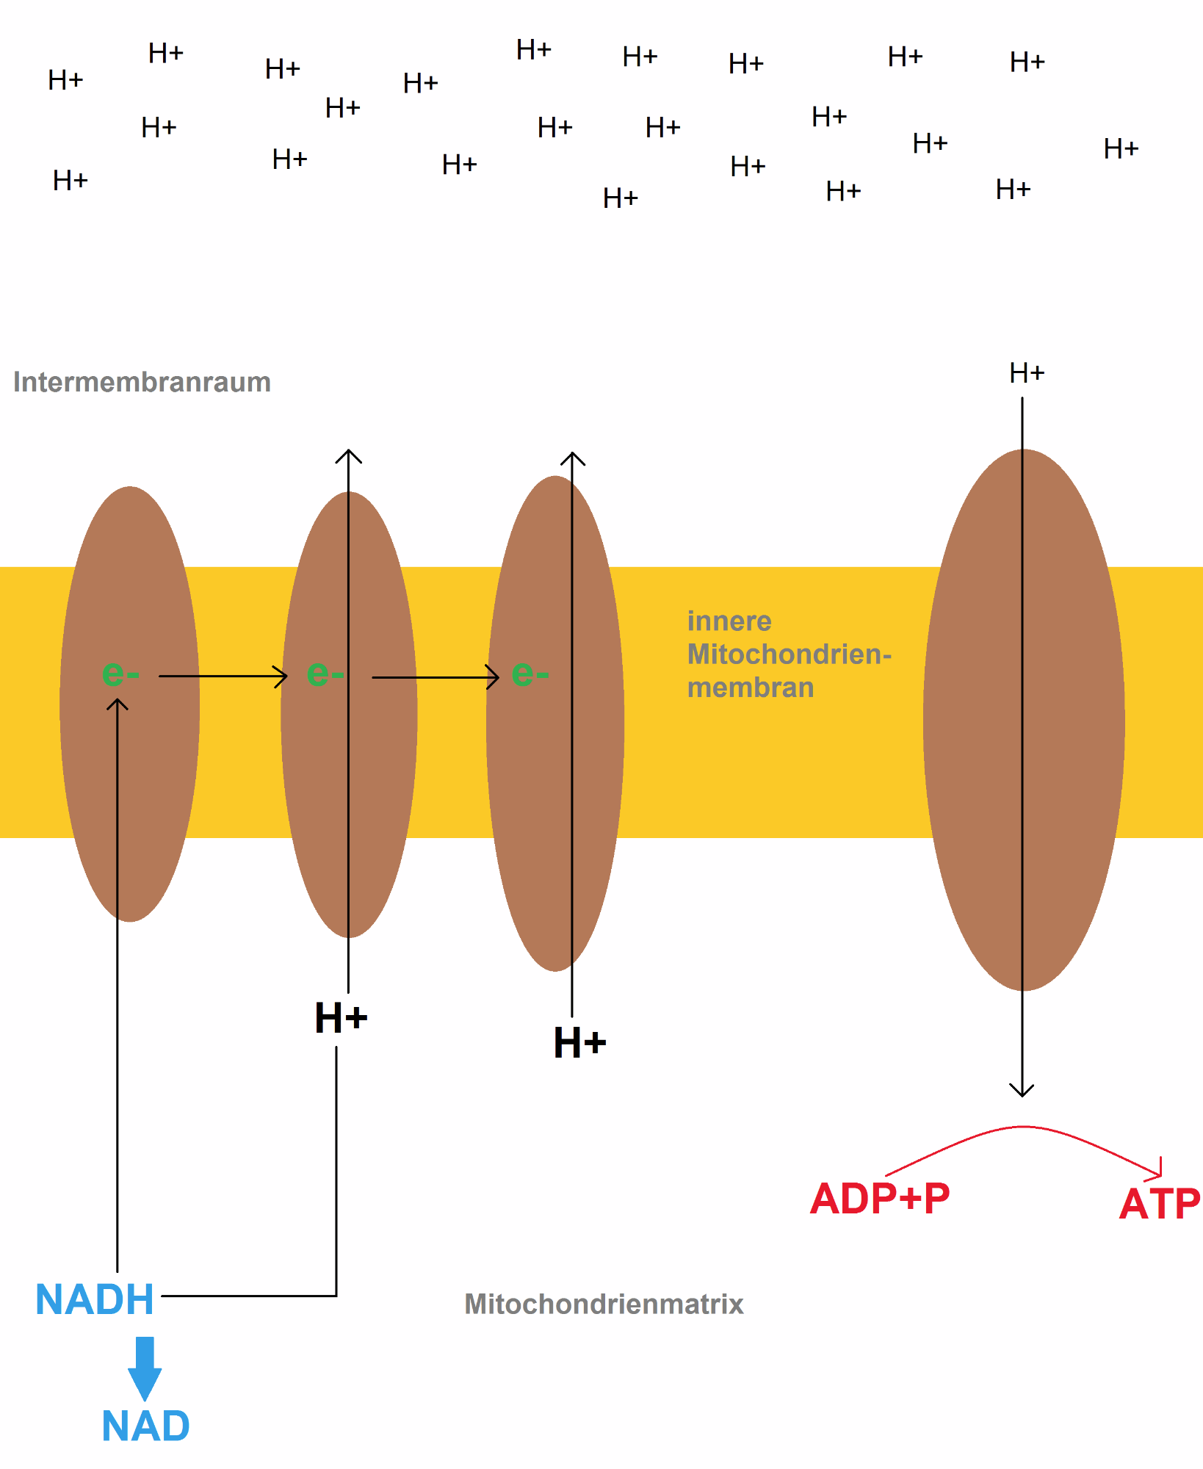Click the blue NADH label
point(95,1299)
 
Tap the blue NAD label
point(145,1426)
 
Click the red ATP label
point(1159,1205)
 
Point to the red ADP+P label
point(879,1199)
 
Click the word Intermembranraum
point(142,382)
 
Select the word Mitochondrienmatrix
point(604,1304)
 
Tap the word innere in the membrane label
point(729,621)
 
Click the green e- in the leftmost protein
point(120,673)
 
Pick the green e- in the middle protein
point(325,673)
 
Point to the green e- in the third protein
point(530,673)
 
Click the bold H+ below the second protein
point(341,1018)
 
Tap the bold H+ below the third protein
point(579,1042)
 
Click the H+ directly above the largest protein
point(1026,373)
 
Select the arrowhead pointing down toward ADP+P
point(1022,1090)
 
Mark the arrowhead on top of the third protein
point(573,458)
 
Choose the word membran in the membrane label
point(750,687)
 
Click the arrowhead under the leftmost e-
point(118,704)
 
